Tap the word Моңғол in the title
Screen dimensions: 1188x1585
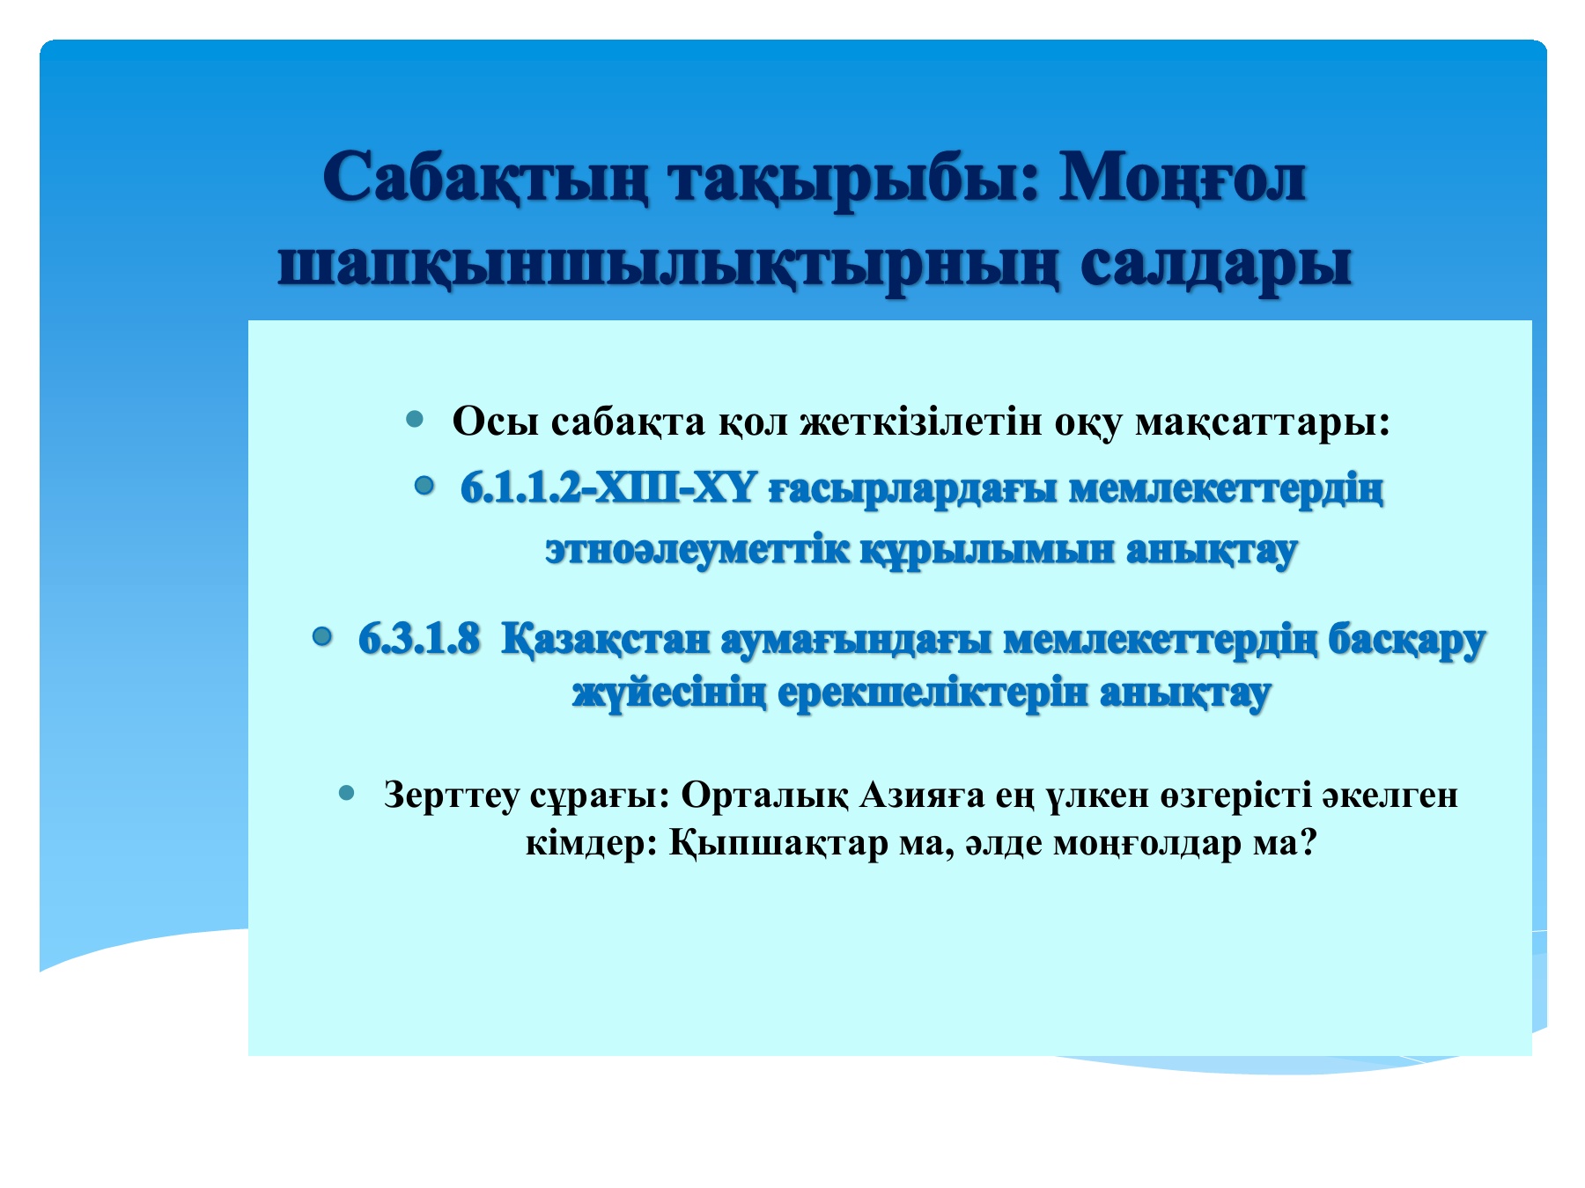(x=1182, y=179)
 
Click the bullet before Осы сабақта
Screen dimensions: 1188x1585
(x=416, y=420)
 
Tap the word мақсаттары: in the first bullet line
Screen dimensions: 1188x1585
(x=1262, y=422)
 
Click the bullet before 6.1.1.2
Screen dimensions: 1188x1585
(x=425, y=485)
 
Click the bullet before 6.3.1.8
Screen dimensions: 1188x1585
(x=322, y=634)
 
